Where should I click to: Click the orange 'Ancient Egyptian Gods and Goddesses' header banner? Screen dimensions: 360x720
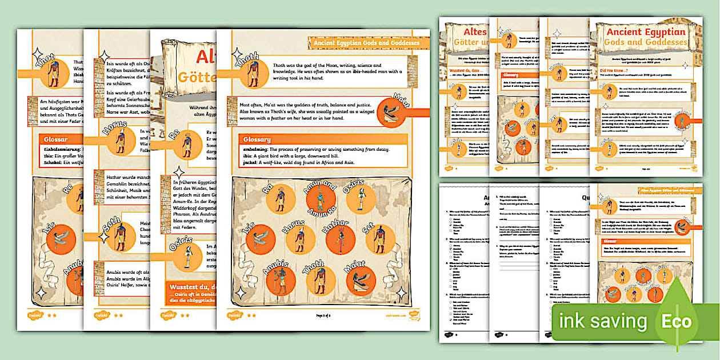tap(367, 42)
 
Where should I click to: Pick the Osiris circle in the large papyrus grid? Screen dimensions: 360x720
tap(361, 199)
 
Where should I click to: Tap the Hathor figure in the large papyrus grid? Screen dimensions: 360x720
tap(341, 240)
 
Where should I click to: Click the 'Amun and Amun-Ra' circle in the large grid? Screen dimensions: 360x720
tap(321, 199)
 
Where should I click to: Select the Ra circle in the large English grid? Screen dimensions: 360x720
tap(279, 199)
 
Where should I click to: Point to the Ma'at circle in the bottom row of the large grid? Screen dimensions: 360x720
tap(361, 280)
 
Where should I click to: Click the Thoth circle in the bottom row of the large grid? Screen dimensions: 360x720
tap(321, 280)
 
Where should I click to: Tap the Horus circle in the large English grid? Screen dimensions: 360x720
tap(299, 240)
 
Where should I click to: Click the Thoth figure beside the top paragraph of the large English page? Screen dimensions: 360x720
tap(254, 74)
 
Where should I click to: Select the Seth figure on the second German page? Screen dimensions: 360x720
tap(120, 237)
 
